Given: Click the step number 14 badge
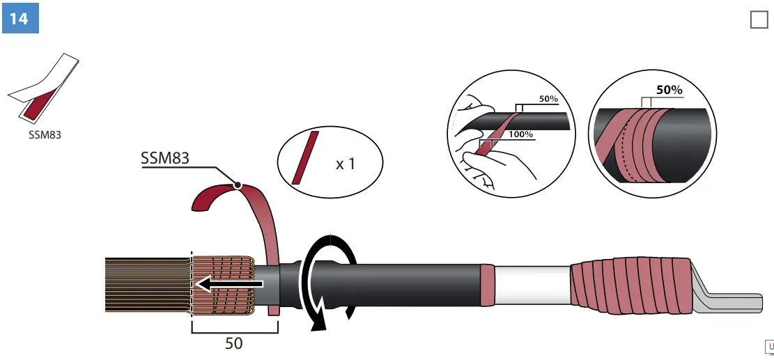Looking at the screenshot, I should [x=20, y=17].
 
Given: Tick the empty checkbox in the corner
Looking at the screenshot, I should [x=759, y=19].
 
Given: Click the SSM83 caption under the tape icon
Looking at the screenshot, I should [x=45, y=135].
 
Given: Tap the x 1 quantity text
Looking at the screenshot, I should [x=345, y=164].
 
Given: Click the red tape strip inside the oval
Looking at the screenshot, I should [x=305, y=157].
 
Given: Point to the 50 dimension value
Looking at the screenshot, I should [x=234, y=343].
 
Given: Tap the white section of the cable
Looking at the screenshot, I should [x=532, y=285].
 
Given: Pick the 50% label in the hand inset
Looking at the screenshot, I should [x=548, y=99].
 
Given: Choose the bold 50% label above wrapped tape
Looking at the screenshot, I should [x=669, y=91].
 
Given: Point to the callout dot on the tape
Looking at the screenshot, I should [x=238, y=185].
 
